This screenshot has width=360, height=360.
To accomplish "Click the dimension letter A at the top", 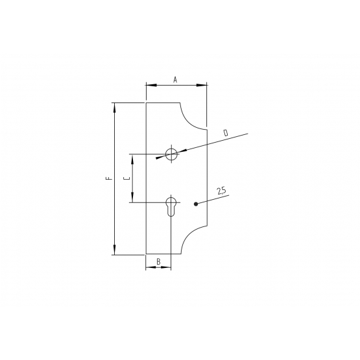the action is (175, 80).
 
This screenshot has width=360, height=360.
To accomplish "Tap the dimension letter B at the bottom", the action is (159, 261).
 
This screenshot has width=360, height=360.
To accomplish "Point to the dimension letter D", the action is (226, 133).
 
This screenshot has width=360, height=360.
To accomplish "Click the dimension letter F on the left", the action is (110, 178).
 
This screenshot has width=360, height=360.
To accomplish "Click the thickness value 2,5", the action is (222, 191).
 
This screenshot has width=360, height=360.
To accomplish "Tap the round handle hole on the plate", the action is (171, 154).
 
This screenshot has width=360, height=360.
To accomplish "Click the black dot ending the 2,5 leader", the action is (196, 204).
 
